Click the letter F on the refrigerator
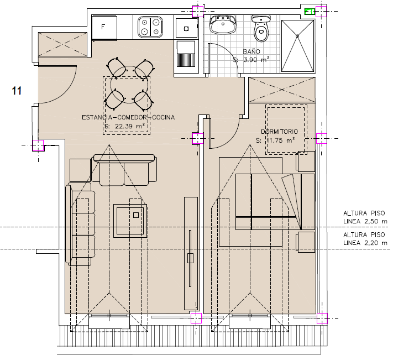tap(103, 27)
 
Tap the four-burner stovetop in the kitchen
tap(150, 27)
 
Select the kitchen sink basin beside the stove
tap(186, 28)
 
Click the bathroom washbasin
tap(223, 24)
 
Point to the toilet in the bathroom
tap(261, 28)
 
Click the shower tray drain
tap(297, 36)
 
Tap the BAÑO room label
tap(251, 51)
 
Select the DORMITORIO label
tap(280, 132)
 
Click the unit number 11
tap(17, 91)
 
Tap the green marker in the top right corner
tap(310, 12)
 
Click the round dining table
tap(129, 85)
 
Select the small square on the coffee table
tap(136, 215)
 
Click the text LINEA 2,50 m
tap(365, 222)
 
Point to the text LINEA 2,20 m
tap(365, 243)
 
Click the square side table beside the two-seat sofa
tap(80, 170)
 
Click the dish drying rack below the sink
tap(186, 56)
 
